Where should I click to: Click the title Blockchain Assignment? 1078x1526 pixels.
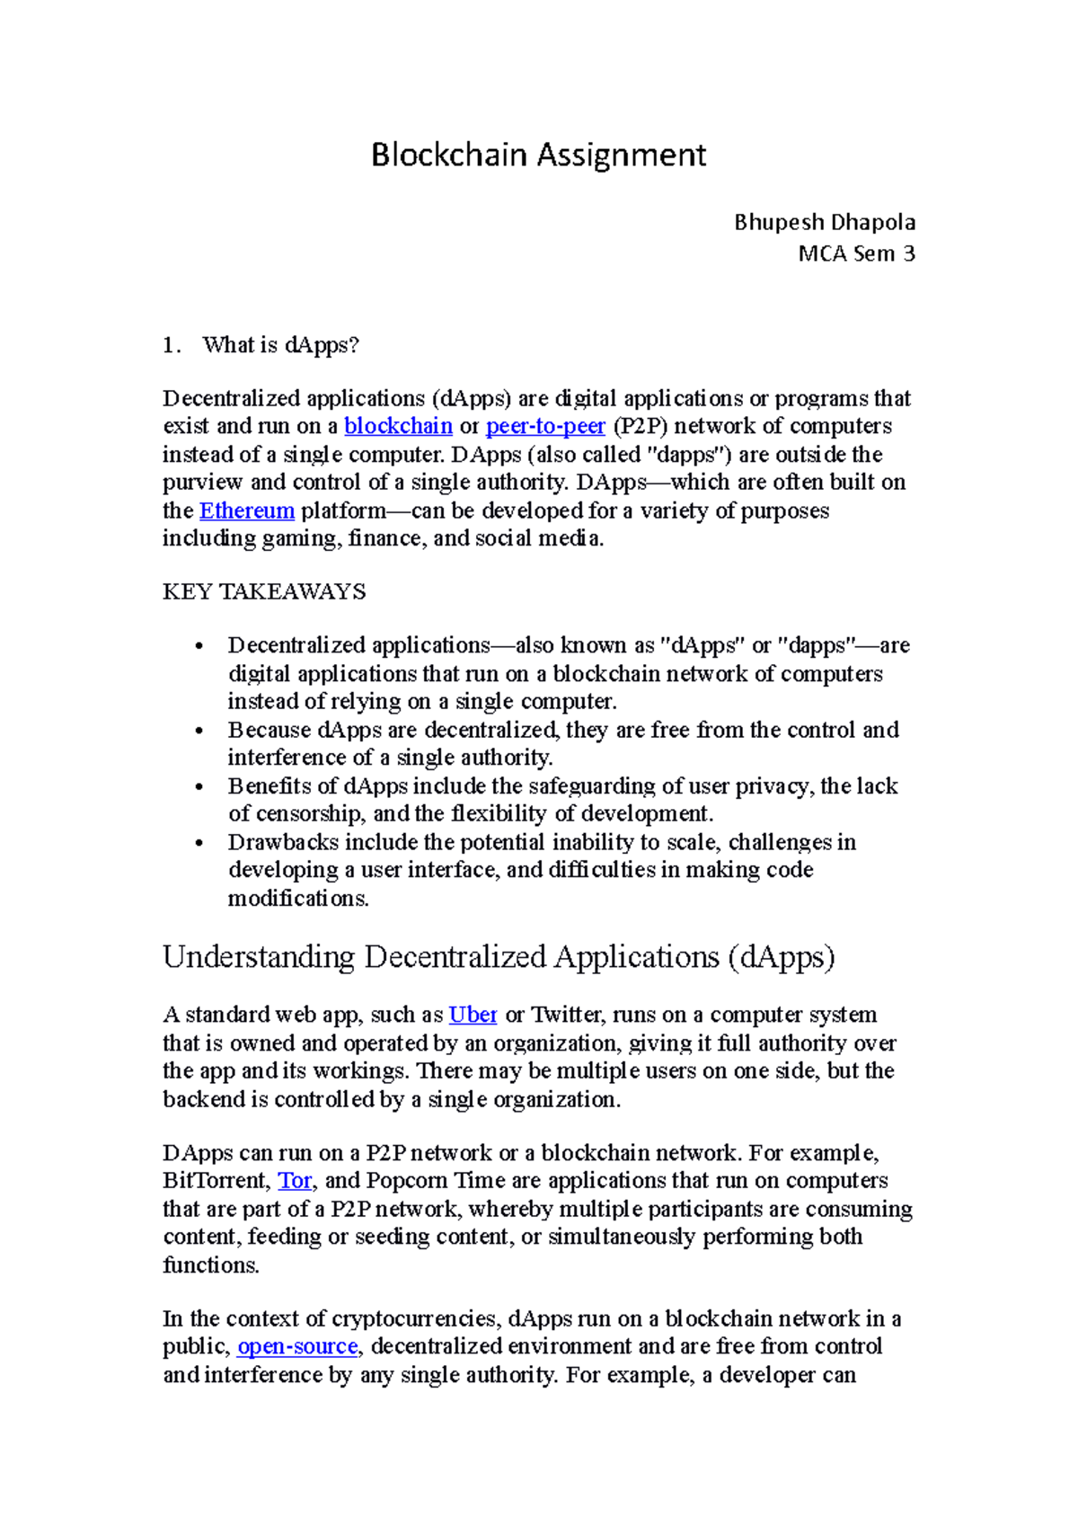(538, 155)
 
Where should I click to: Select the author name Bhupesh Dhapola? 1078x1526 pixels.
(824, 222)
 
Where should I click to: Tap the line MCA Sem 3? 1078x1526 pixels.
(856, 253)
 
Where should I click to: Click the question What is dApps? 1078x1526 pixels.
(280, 345)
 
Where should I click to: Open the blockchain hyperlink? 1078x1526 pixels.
(398, 426)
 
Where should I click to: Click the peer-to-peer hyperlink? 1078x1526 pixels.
(545, 426)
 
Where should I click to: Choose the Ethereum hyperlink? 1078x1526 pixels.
(247, 510)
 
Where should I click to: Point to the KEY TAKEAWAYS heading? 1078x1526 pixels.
(264, 591)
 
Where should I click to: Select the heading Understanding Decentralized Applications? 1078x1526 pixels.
(499, 956)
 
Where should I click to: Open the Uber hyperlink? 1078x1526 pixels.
(473, 1015)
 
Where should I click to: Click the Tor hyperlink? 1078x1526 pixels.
(295, 1180)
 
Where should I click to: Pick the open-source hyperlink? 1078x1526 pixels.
(297, 1346)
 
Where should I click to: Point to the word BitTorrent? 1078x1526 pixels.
(216, 1180)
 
